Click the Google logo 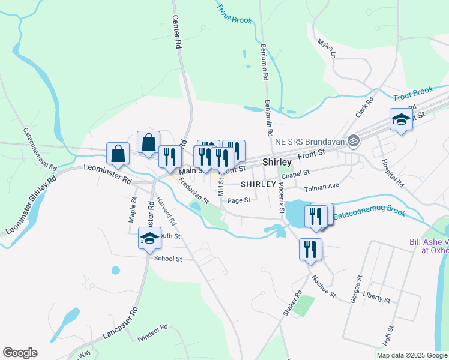coord(20,353)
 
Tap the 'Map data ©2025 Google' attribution coord(412,355)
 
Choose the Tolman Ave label coord(322,188)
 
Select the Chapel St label coord(295,173)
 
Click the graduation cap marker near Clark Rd coord(400,119)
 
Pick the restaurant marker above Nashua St coord(310,249)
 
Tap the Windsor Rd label coord(152,334)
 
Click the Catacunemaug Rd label coord(40,148)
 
